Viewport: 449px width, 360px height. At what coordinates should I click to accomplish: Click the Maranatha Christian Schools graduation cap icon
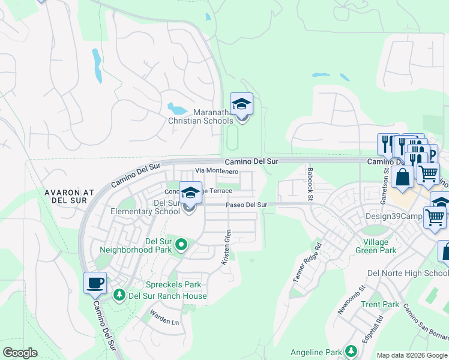pyautogui.click(x=241, y=104)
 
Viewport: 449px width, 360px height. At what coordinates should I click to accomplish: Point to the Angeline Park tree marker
pyautogui.click(x=350, y=352)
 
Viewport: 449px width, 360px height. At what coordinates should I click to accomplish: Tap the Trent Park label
pyautogui.click(x=380, y=304)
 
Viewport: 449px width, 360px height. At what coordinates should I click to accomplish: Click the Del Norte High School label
pyautogui.click(x=408, y=273)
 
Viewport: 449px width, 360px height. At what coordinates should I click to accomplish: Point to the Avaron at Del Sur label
pyautogui.click(x=70, y=197)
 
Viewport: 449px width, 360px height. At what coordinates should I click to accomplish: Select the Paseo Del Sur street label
pyautogui.click(x=246, y=205)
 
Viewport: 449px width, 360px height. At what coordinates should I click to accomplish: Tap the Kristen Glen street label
pyautogui.click(x=226, y=247)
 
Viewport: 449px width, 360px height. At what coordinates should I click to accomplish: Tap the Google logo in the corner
pyautogui.click(x=20, y=353)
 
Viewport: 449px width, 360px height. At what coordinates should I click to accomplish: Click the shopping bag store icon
pyautogui.click(x=402, y=178)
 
